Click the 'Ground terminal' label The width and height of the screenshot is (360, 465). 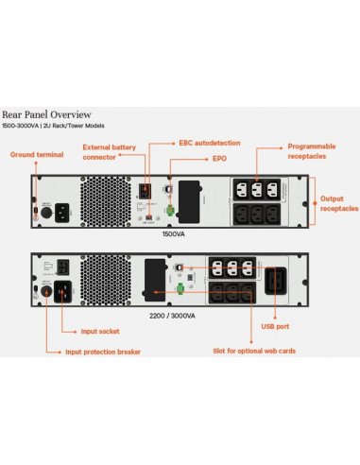(x=35, y=154)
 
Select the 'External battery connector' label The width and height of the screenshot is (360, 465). (x=109, y=152)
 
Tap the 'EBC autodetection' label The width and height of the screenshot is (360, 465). (x=210, y=142)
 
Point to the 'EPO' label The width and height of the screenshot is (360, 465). (x=193, y=160)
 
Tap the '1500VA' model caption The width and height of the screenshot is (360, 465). (x=173, y=232)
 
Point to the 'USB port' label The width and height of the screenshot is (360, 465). (x=275, y=327)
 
